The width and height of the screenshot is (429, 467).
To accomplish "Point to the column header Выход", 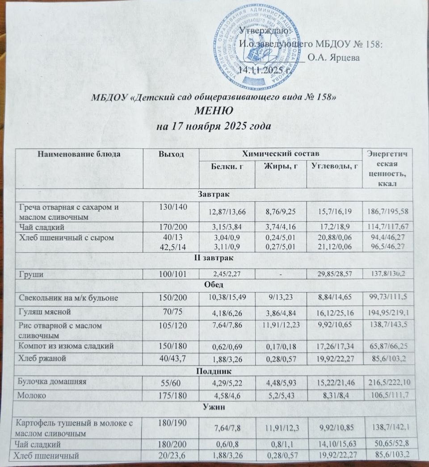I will pyautogui.click(x=171, y=154).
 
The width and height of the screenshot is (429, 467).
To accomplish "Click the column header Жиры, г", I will pyautogui.click(x=281, y=167).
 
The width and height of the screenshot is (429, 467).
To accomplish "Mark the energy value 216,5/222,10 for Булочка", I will pyautogui.click(x=388, y=384).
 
